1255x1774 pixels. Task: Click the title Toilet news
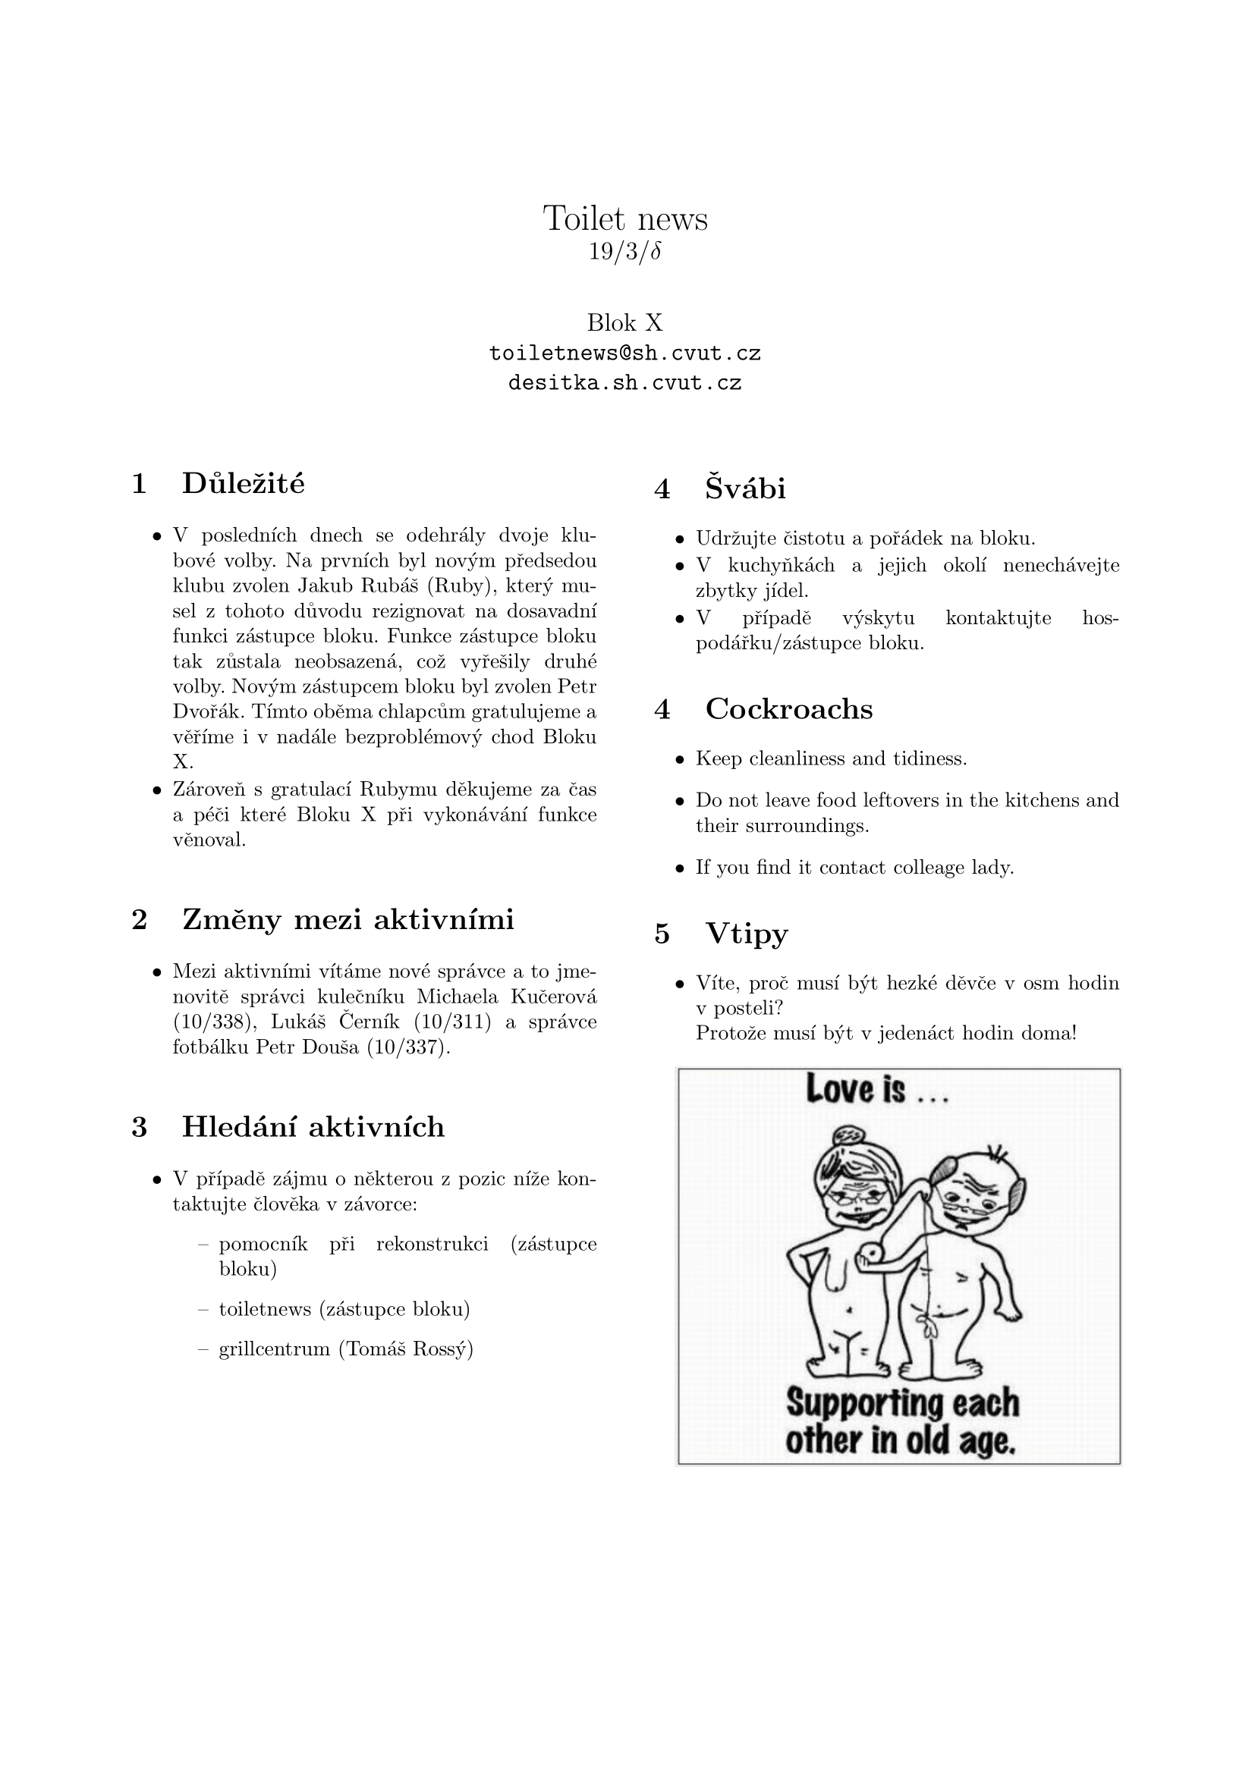[625, 218]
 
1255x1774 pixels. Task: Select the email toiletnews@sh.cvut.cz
[625, 354]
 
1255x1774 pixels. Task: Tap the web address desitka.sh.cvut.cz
[625, 383]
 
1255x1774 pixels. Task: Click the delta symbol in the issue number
[656, 253]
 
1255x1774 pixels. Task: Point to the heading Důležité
[244, 484]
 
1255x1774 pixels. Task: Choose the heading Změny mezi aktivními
[348, 919]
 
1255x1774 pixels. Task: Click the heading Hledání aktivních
[313, 1127]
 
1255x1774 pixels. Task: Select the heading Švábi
[745, 489]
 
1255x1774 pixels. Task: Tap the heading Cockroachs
[788, 709]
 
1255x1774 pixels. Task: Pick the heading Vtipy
[747, 934]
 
